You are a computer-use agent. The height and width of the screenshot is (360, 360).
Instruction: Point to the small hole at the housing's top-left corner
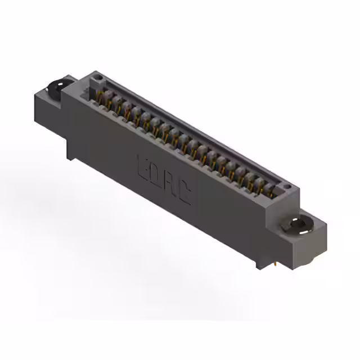[x=97, y=75]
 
